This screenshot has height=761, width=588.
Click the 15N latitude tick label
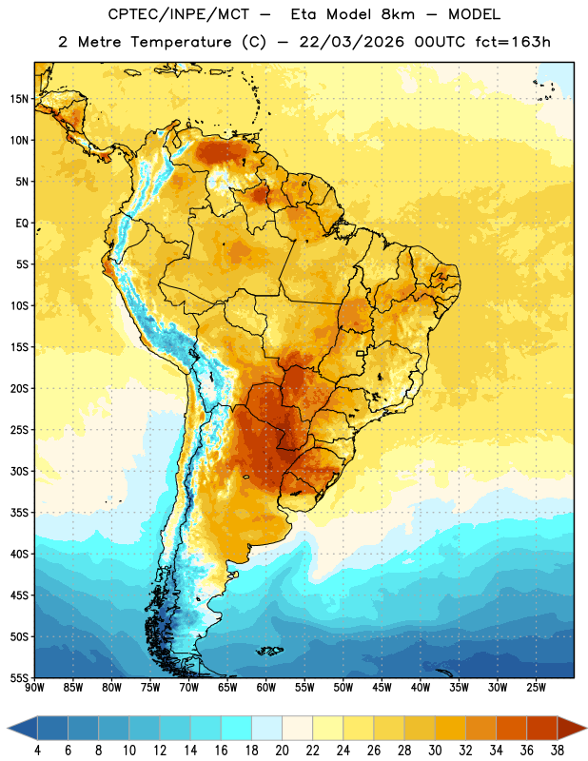click(x=19, y=99)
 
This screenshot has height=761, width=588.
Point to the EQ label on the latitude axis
click(x=22, y=224)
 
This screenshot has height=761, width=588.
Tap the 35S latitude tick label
click(x=19, y=513)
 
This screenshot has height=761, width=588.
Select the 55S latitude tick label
click(x=19, y=677)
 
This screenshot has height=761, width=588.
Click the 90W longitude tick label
click(x=34, y=687)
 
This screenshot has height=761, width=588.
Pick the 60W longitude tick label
click(x=266, y=687)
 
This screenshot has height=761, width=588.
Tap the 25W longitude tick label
click(x=536, y=687)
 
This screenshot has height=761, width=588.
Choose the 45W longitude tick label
click(x=382, y=687)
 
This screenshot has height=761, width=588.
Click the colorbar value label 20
click(x=282, y=751)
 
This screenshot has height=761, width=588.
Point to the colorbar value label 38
click(x=558, y=751)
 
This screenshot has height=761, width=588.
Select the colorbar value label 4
click(x=37, y=751)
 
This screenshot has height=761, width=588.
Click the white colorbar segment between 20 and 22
click(x=297, y=728)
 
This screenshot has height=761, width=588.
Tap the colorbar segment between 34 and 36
click(x=511, y=728)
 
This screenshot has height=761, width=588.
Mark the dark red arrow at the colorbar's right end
click(x=571, y=728)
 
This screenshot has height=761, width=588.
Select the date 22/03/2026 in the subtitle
click(x=351, y=42)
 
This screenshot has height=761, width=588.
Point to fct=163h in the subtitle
click(x=513, y=42)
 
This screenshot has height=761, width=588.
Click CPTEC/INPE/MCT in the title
click(x=179, y=14)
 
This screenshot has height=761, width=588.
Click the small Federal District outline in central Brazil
click(x=361, y=353)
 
